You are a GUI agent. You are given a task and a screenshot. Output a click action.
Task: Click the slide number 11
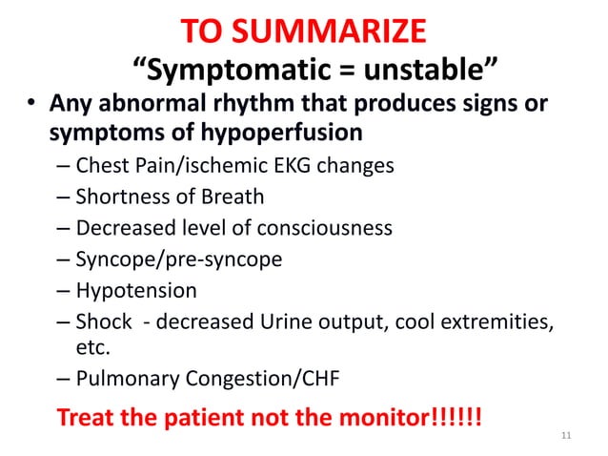point(568,437)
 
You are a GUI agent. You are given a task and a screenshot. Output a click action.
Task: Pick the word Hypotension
point(136,290)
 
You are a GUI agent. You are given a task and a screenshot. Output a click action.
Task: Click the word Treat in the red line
point(88,418)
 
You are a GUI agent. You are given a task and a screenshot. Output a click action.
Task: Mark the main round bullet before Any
point(30,103)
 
